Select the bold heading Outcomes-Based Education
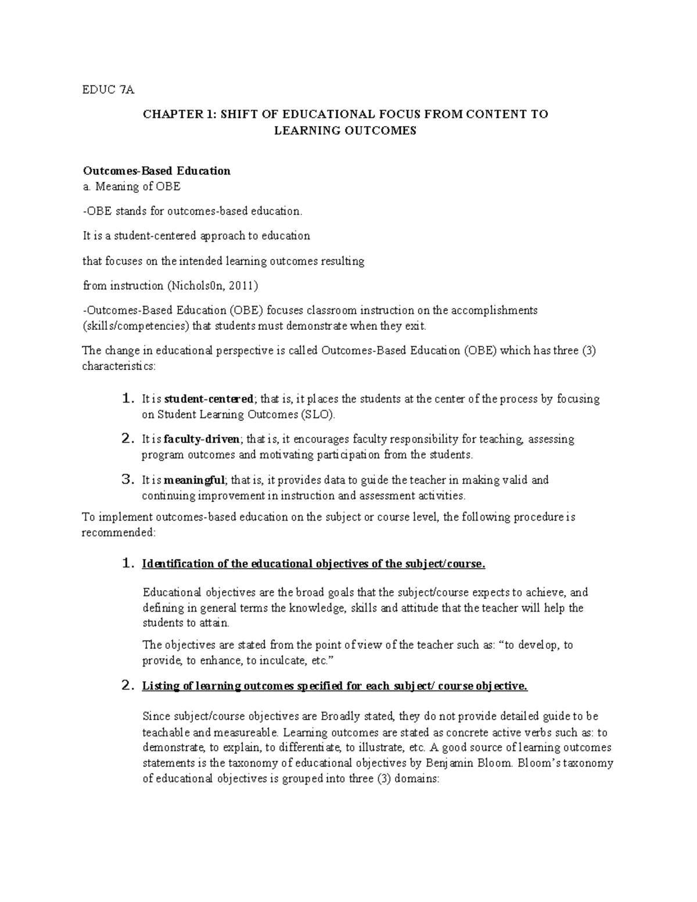pos(157,171)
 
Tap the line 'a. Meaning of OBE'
pos(132,186)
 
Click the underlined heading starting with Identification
pos(313,564)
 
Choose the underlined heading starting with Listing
pos(335,686)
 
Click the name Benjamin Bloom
pos(465,763)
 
